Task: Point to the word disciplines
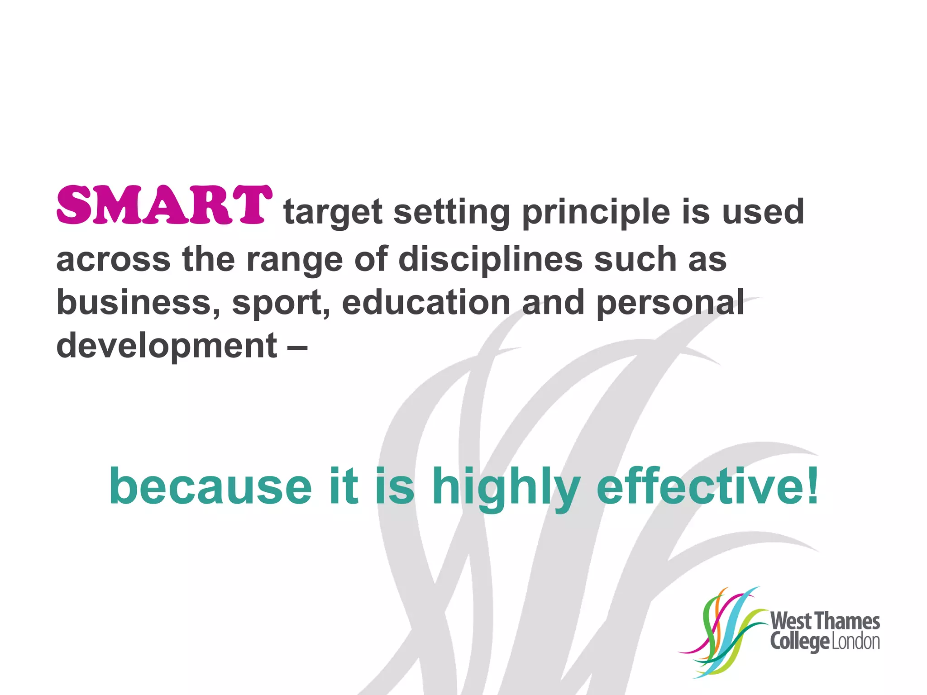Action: point(490,260)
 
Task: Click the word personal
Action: point(670,303)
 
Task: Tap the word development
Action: point(167,347)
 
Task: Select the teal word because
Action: point(210,486)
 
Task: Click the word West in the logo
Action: point(791,621)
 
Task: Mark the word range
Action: point(294,261)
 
